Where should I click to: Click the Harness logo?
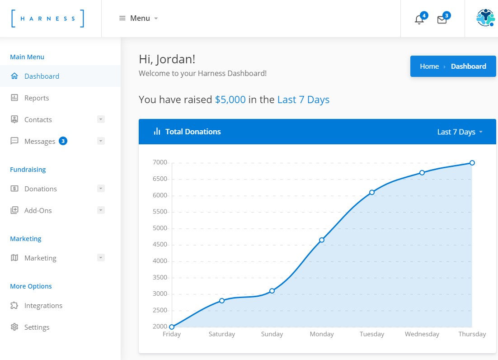point(48,19)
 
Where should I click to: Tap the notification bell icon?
point(419,19)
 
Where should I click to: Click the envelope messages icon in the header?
point(442,19)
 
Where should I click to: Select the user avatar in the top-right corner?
point(485,18)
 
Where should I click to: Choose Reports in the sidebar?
point(37,98)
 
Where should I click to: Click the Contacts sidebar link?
point(38,119)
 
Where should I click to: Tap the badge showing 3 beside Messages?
point(63,141)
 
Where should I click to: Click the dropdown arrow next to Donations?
point(101,188)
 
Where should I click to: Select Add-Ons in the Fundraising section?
point(38,210)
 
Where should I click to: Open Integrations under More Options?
point(43,305)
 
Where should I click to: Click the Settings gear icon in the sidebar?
point(14,327)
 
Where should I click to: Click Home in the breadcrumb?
point(429,66)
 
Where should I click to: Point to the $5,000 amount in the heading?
point(230,99)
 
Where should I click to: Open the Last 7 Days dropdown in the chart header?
point(460,132)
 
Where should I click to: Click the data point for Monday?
point(322,240)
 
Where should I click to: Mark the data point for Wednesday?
point(422,172)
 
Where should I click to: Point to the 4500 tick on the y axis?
point(160,245)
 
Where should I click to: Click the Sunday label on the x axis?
point(272,334)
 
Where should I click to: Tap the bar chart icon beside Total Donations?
point(157,132)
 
